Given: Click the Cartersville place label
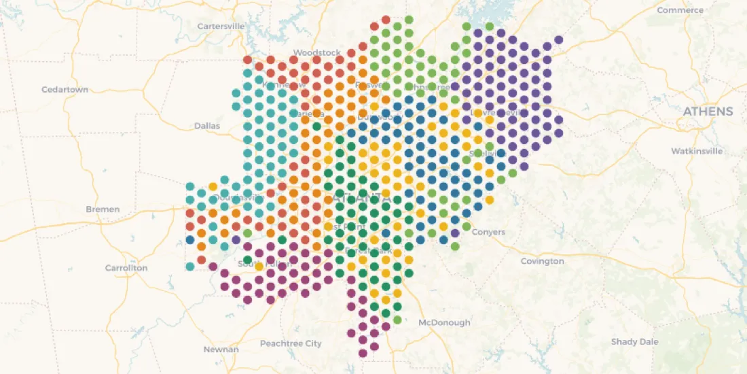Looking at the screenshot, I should (221, 26).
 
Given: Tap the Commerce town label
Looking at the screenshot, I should (680, 10).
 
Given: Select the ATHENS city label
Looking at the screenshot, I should (708, 112).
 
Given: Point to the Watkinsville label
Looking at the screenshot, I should (696, 151).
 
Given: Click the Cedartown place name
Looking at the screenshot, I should (65, 90).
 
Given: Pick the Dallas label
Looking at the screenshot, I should (207, 126).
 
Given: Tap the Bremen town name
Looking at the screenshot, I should (103, 209).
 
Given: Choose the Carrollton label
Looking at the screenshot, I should (126, 268).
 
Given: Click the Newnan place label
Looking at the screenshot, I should (221, 350).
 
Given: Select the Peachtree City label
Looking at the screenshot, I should (291, 343).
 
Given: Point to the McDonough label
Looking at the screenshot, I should (444, 322).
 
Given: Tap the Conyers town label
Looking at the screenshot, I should (488, 232).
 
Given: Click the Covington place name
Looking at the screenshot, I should (542, 261).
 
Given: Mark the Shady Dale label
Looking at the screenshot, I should (634, 341).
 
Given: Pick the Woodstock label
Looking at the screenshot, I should (317, 52).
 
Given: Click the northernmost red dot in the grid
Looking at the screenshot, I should (386, 20).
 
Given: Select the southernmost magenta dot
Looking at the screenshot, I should (363, 353).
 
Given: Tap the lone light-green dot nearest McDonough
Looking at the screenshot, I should (397, 319).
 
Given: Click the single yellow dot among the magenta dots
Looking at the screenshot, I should (259, 267).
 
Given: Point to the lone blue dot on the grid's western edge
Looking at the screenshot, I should (190, 239).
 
